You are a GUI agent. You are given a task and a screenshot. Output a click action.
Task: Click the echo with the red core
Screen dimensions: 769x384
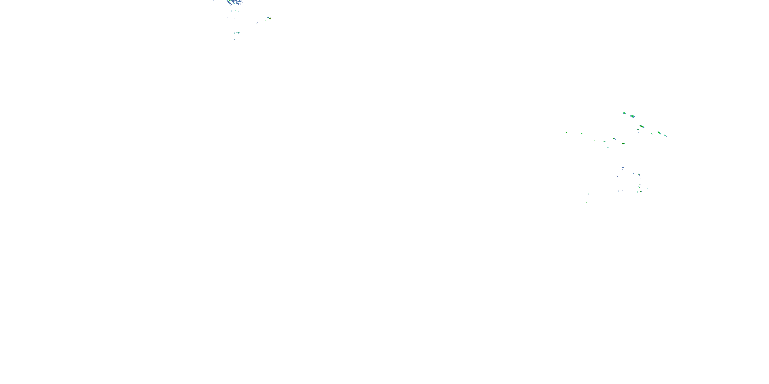(270, 18)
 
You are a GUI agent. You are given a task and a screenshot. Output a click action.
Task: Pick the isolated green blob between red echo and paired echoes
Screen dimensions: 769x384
(257, 23)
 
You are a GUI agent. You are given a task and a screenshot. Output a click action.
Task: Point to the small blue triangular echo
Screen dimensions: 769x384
(234, 33)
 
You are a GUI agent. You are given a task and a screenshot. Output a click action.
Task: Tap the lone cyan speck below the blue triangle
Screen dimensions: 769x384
(235, 39)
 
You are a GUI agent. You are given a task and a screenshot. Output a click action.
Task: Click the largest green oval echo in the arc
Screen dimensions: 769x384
(633, 116)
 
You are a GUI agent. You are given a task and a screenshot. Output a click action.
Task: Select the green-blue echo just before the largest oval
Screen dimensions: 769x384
(624, 113)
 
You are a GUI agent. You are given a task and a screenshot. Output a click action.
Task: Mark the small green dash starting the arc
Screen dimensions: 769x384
(616, 114)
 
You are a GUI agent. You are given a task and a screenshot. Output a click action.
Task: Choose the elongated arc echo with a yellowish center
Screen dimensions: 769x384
(642, 127)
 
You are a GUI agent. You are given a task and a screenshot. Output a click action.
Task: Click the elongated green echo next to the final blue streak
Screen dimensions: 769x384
(659, 133)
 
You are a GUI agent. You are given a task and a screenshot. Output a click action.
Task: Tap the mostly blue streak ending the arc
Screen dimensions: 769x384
(665, 135)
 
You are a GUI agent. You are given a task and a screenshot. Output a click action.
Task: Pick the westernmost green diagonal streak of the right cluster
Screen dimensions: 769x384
(566, 133)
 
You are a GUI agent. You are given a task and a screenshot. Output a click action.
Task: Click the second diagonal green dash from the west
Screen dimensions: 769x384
(582, 134)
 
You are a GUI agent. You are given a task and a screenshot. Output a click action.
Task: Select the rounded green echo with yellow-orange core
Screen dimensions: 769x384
(623, 144)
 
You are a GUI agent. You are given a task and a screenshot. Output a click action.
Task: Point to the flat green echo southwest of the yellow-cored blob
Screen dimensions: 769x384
(607, 147)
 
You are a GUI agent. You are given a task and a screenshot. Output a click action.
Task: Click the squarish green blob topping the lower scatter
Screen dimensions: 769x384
(639, 174)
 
